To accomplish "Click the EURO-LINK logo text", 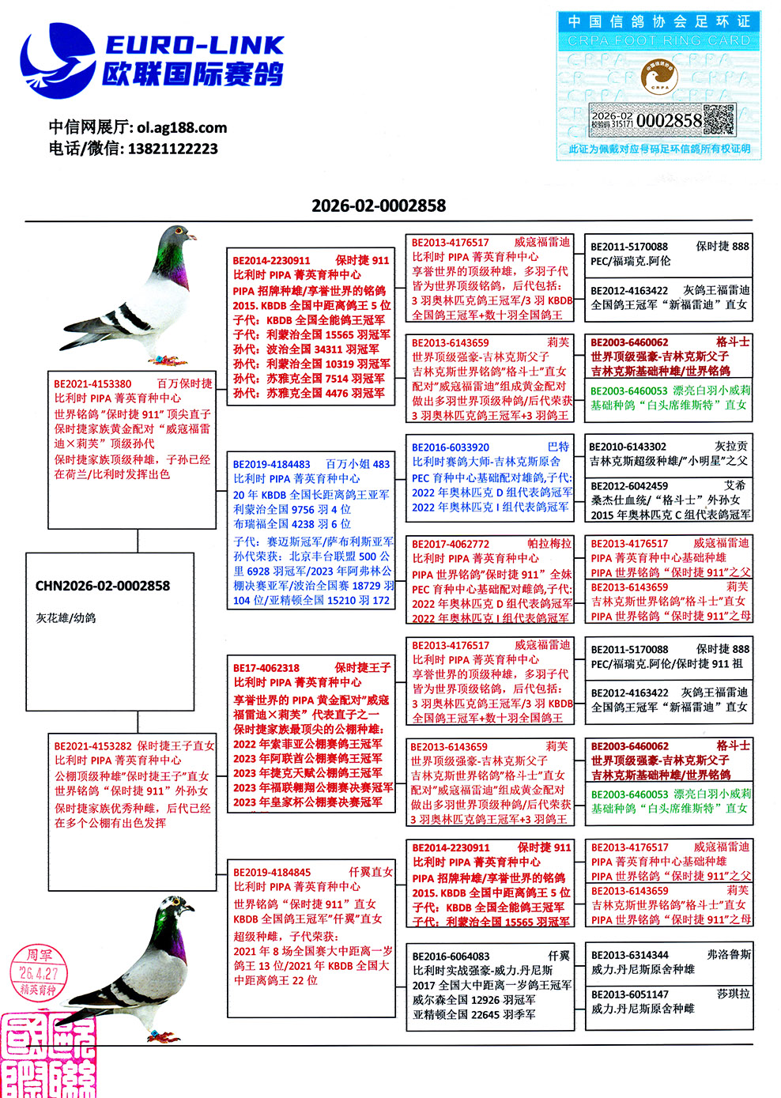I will (x=194, y=45).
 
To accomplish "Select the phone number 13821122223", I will (x=172, y=149).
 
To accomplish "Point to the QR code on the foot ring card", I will (x=719, y=120).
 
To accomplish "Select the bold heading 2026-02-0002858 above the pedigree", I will (x=379, y=206).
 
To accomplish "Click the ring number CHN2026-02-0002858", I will (x=103, y=586).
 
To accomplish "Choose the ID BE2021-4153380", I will (x=92, y=383).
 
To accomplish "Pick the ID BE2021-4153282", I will (x=92, y=745).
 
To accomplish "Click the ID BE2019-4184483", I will (x=271, y=464).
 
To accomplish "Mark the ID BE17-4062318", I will (x=266, y=667).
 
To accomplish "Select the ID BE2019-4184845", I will (x=271, y=872).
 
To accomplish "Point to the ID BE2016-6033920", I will (x=450, y=447).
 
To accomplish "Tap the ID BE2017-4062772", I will (x=450, y=544).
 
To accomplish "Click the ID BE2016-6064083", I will (x=451, y=956).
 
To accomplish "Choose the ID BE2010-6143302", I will (x=628, y=446).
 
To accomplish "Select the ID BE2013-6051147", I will (x=629, y=994).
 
